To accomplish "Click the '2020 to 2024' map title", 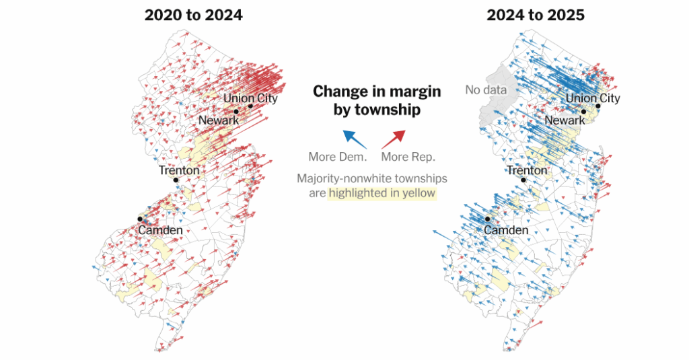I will click(193, 15).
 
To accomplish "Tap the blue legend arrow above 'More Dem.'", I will click(354, 139).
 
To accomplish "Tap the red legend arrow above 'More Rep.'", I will click(394, 139).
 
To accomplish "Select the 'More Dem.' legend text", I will click(338, 157).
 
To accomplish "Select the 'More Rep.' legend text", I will click(408, 157).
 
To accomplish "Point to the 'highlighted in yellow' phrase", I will click(382, 194).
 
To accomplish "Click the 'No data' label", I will click(486, 89).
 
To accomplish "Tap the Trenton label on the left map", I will click(178, 170).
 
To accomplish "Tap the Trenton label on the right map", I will click(527, 170).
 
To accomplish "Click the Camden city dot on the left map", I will click(140, 219).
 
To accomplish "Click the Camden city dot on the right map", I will click(487, 219).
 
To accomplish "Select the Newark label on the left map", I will click(219, 120).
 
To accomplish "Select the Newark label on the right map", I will click(565, 120).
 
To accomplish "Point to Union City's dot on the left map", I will click(250, 106).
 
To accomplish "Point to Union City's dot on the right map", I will click(598, 106).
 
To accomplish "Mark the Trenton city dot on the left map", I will click(176, 180).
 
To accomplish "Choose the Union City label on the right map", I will click(592, 98).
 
